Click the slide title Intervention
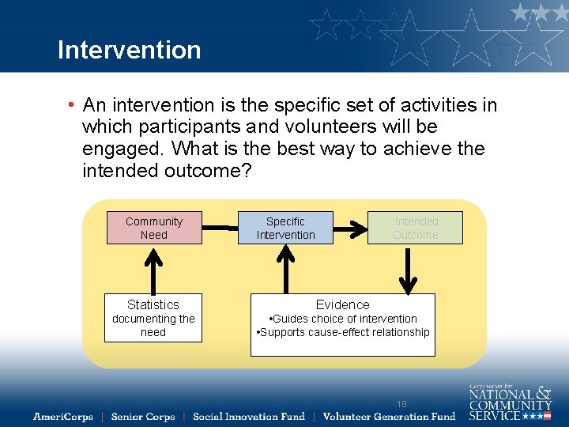coord(129,50)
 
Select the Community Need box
coord(154,228)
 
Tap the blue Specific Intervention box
coord(285,228)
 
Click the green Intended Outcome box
coord(415,228)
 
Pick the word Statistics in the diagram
coord(153,304)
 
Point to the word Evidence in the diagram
coord(342,304)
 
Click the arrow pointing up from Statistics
coord(153,269)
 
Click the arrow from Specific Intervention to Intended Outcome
coord(350,228)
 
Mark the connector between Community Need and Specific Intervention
coord(220,228)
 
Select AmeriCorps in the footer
coord(63,416)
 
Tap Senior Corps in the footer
coord(143,416)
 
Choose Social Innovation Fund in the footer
coord(248,416)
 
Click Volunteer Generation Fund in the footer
coord(390,416)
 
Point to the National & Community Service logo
coord(510,402)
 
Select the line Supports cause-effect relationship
coord(343,332)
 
